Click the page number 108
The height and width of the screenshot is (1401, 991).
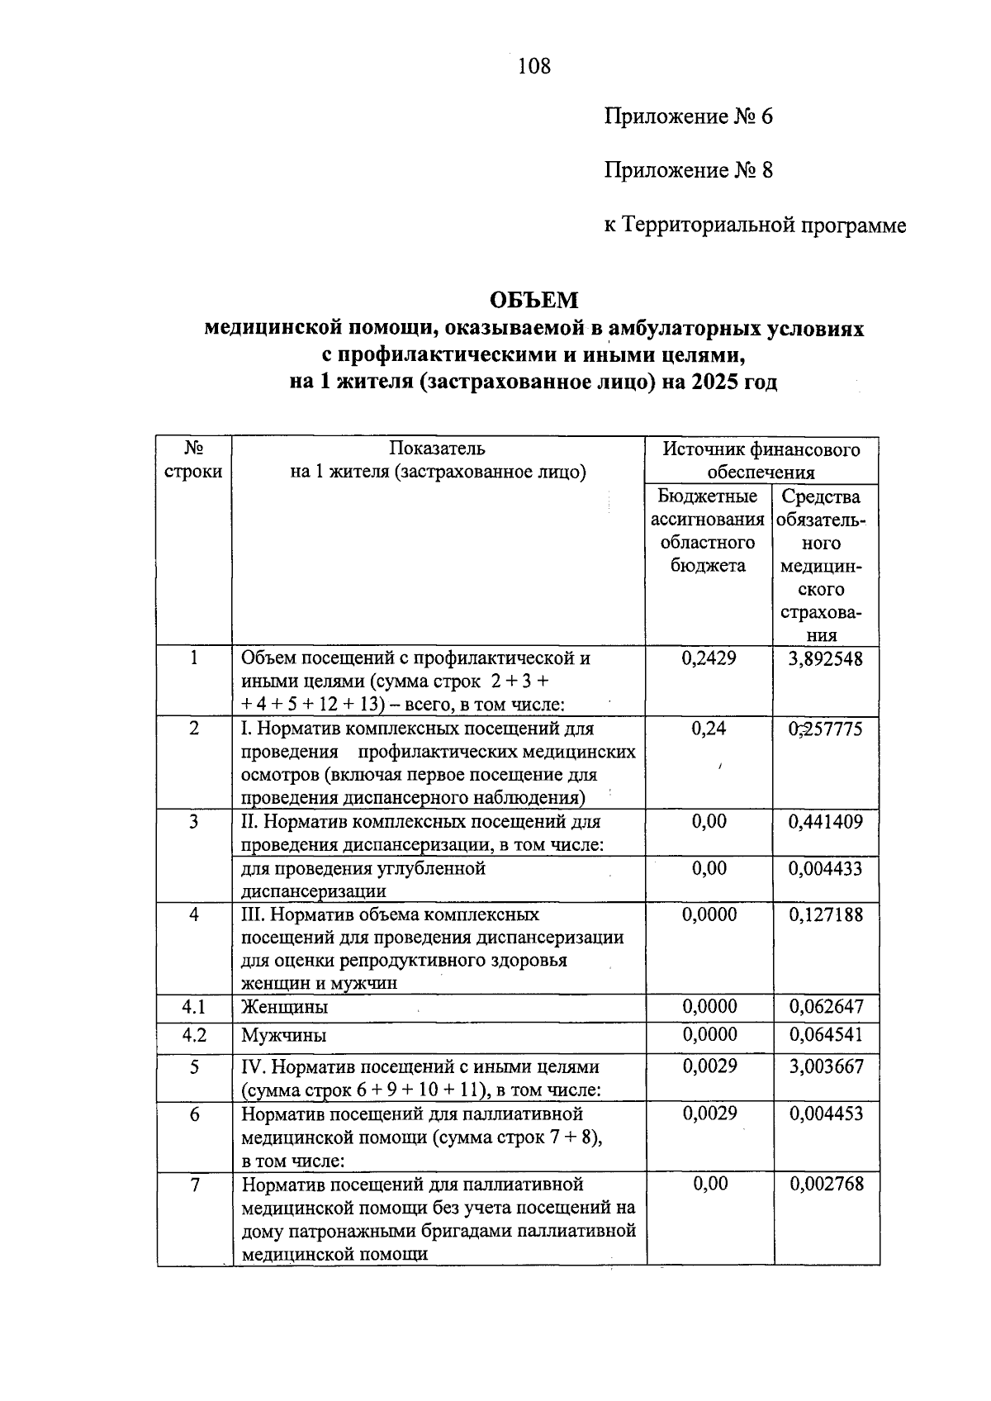pyautogui.click(x=533, y=66)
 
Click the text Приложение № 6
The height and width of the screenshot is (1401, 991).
pyautogui.click(x=688, y=116)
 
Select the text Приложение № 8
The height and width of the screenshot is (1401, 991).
pyautogui.click(x=688, y=171)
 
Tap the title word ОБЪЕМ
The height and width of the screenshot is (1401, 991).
pyautogui.click(x=533, y=300)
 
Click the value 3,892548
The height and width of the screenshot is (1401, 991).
pyautogui.click(x=825, y=659)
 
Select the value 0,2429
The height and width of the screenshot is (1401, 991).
pyautogui.click(x=709, y=659)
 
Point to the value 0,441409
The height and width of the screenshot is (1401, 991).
pyautogui.click(x=826, y=822)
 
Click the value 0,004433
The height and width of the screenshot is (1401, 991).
pyautogui.click(x=826, y=868)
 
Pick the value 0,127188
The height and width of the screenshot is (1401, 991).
pyautogui.click(x=826, y=914)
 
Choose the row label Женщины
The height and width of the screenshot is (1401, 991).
pyautogui.click(x=285, y=1008)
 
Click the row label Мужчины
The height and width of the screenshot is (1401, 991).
pyautogui.click(x=284, y=1036)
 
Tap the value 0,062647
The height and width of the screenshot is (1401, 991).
pyautogui.click(x=826, y=1007)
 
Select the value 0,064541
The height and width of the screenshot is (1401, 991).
pyautogui.click(x=826, y=1035)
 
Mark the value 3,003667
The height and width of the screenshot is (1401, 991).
pyautogui.click(x=826, y=1066)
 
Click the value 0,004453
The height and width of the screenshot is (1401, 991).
pyautogui.click(x=826, y=1114)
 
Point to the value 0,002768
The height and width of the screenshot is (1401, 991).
pyautogui.click(x=826, y=1185)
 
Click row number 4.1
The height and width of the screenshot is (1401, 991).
pyautogui.click(x=194, y=1007)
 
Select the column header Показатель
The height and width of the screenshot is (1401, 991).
pyautogui.click(x=438, y=449)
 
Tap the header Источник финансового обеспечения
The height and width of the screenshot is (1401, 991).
pyautogui.click(x=761, y=461)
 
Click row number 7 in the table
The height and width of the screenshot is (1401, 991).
pyautogui.click(x=195, y=1185)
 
